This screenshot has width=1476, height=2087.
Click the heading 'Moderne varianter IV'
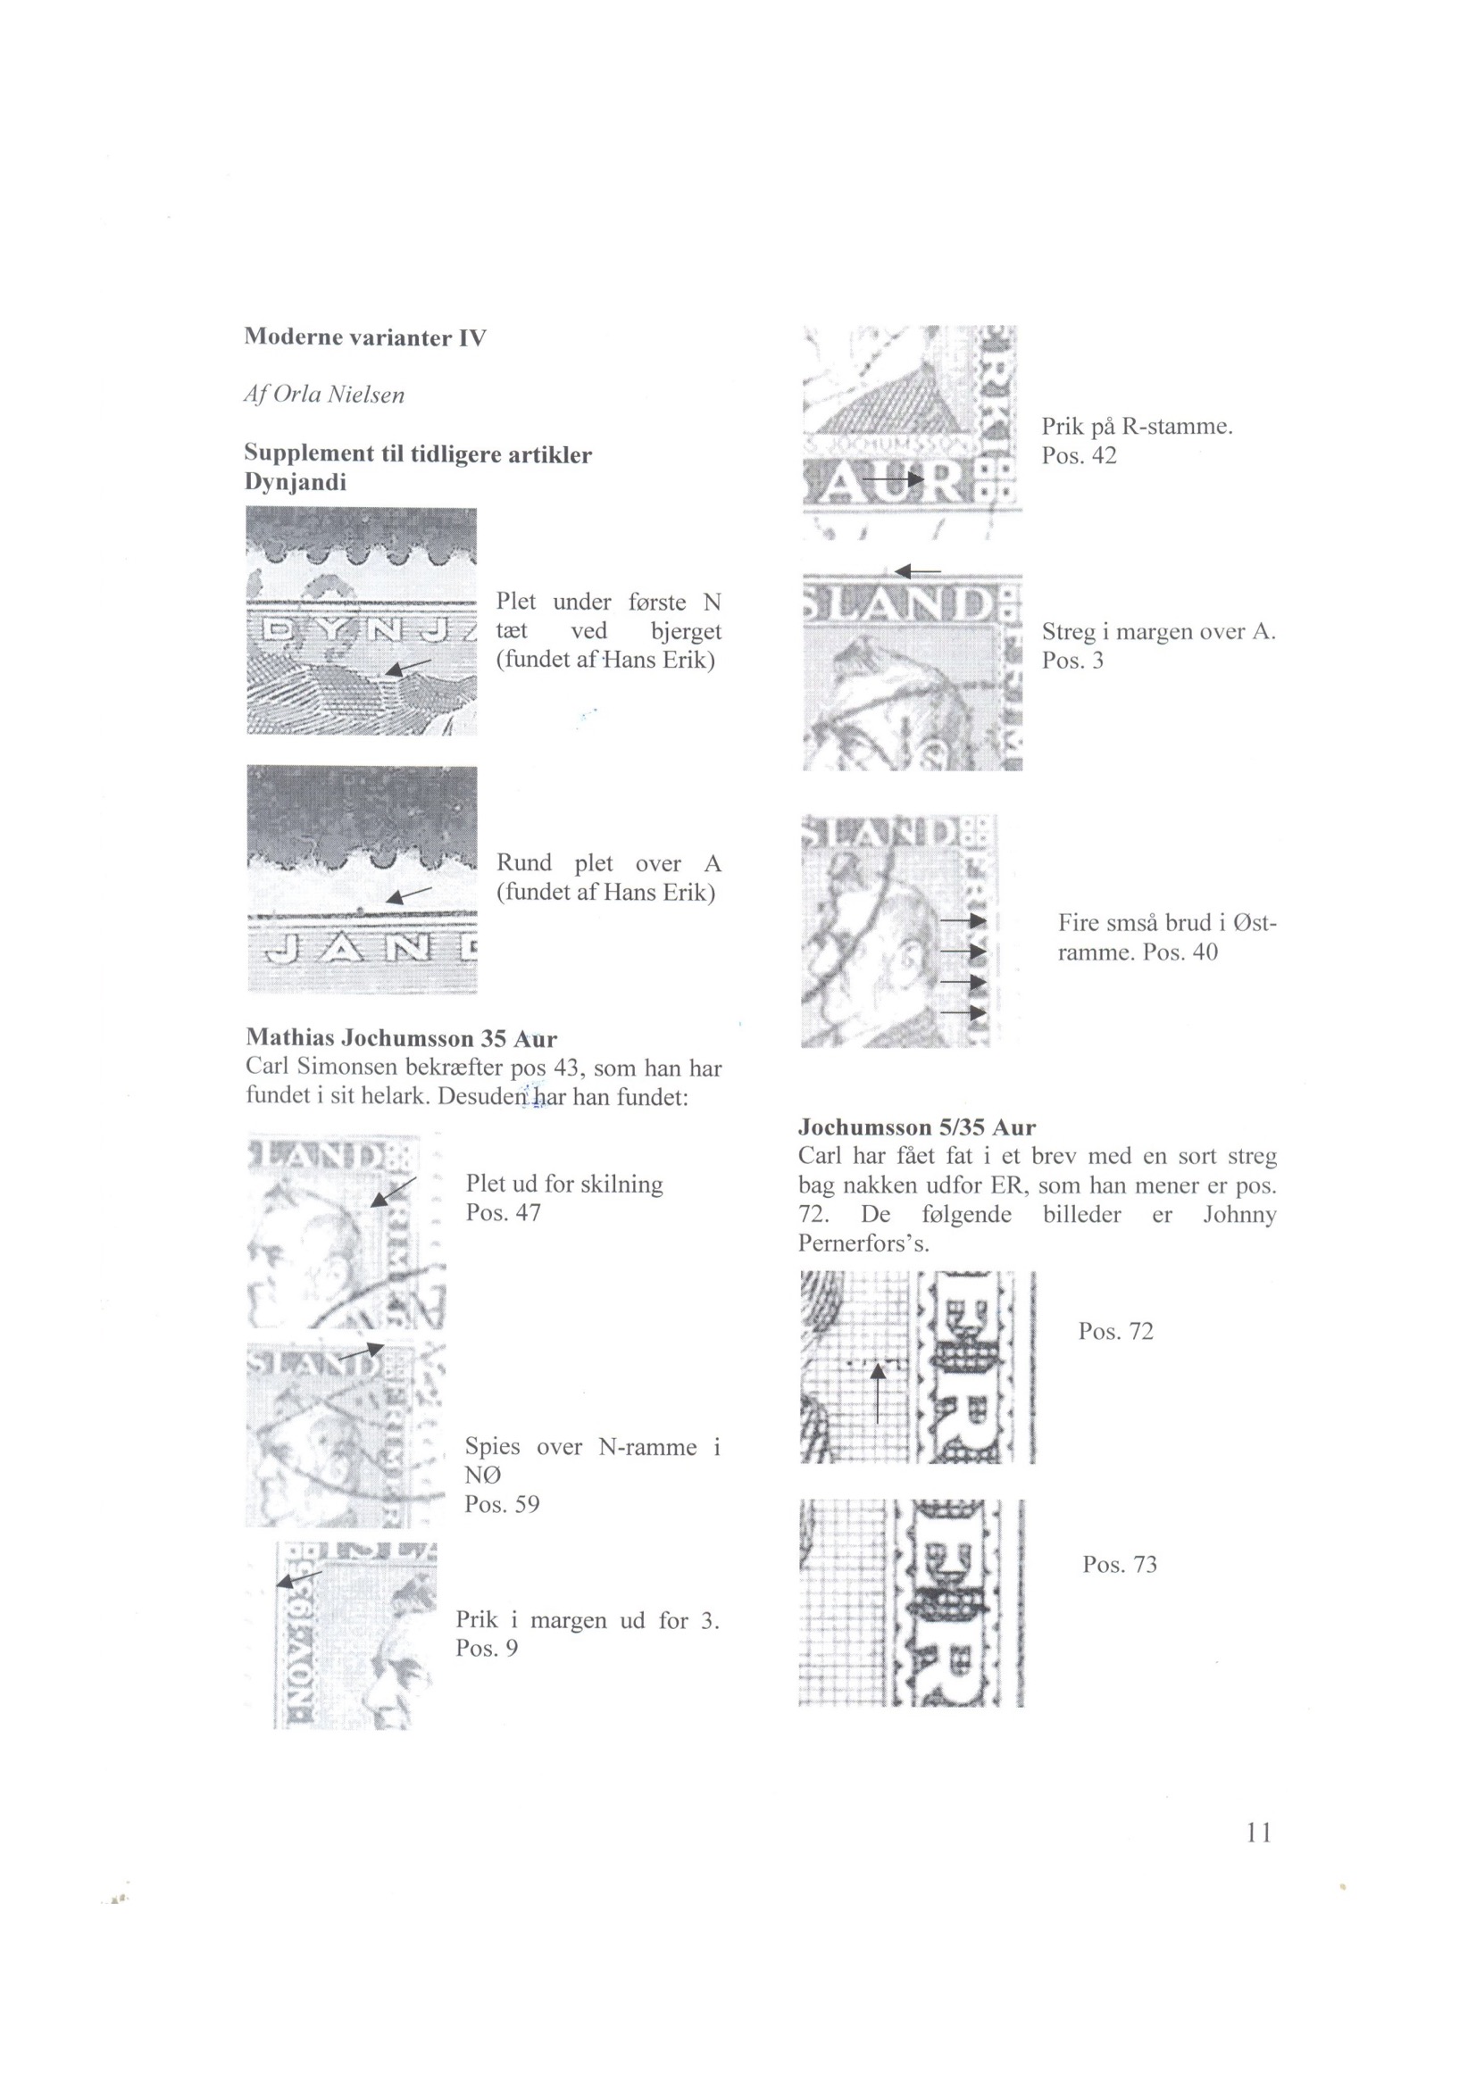click(365, 337)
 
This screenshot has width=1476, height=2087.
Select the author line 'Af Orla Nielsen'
click(324, 395)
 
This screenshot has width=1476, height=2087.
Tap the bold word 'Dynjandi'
click(296, 483)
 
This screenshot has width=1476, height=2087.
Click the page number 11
click(1260, 1832)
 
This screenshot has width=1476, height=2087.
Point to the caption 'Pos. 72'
click(1116, 1332)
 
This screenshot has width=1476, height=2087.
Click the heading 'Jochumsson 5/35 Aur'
click(917, 1127)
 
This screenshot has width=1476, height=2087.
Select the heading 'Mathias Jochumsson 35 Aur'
click(401, 1038)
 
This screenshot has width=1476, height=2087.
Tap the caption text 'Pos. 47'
click(503, 1212)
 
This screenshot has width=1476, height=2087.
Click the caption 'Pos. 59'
click(502, 1504)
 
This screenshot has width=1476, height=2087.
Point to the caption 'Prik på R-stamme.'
click(1137, 427)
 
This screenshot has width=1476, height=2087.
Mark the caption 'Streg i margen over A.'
click(1159, 632)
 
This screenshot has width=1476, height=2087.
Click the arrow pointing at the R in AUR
click(893, 478)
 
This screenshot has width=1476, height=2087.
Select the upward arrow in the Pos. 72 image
click(877, 1392)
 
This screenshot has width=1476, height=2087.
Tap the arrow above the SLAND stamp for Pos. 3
click(917, 570)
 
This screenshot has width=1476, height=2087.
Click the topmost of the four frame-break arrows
click(963, 922)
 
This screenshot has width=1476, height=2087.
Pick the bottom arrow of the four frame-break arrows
click(963, 1011)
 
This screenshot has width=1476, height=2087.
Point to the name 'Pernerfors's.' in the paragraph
click(864, 1243)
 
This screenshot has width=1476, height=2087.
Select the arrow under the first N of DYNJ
click(406, 668)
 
